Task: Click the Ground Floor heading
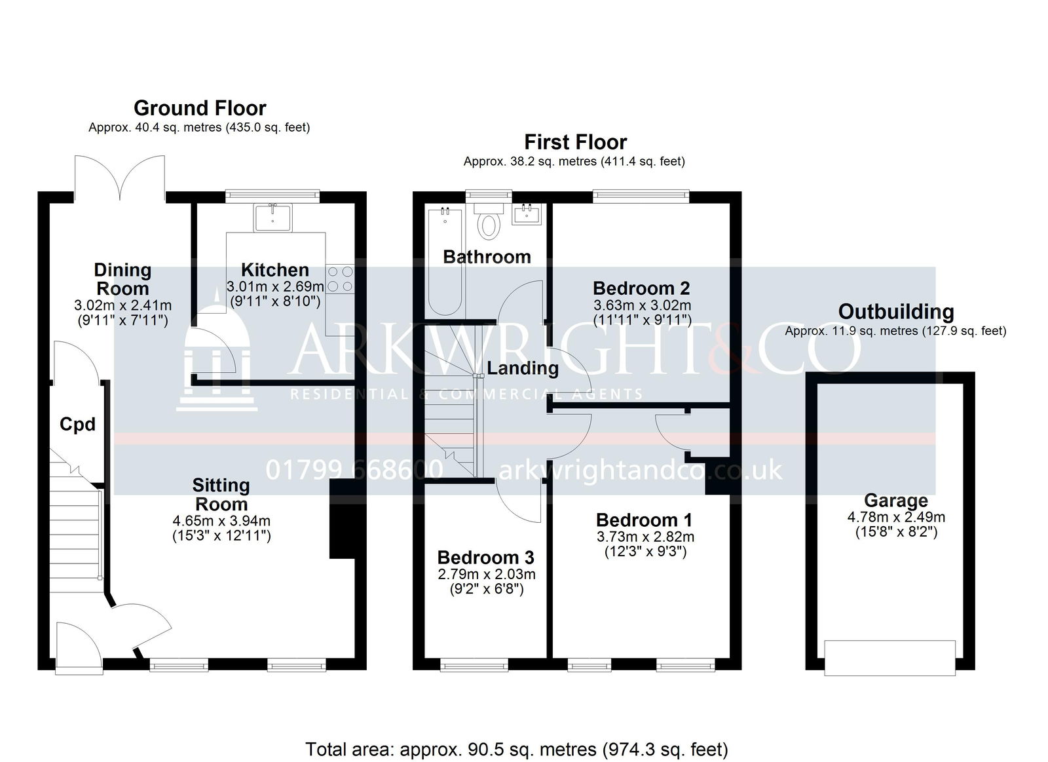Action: point(200,108)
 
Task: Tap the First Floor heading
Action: point(575,142)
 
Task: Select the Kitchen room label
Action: point(274,270)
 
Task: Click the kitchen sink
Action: point(272,217)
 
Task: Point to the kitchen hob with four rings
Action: point(340,279)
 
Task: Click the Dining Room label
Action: point(122,279)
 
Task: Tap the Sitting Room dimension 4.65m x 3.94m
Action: point(221,520)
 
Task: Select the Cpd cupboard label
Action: point(78,425)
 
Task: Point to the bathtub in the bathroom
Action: point(445,262)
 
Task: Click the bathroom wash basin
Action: point(527,214)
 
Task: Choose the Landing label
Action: point(523,368)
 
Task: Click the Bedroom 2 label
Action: point(641,288)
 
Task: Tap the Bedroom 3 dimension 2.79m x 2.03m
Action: point(487,575)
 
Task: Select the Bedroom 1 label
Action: point(644,520)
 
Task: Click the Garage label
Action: point(895,501)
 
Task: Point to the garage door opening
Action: point(890,658)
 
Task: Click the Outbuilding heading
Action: point(895,312)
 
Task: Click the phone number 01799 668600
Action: point(354,470)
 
